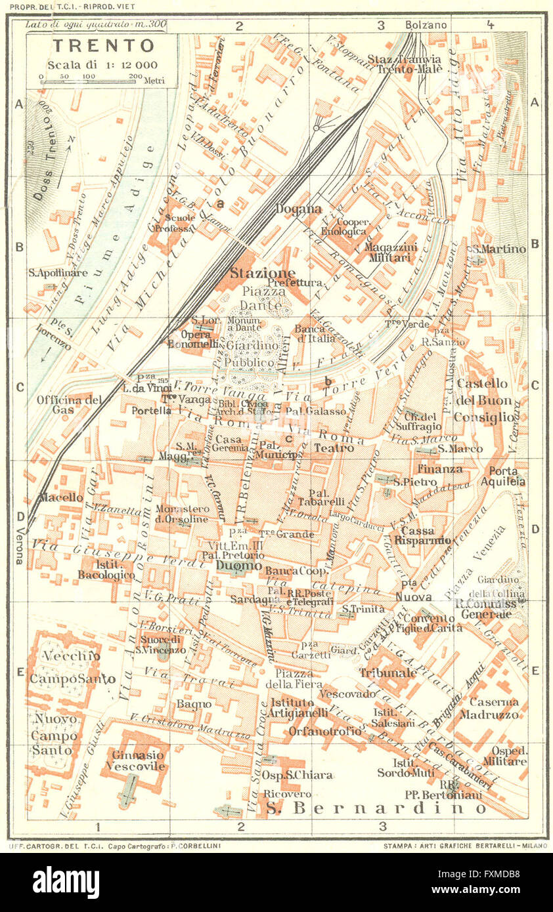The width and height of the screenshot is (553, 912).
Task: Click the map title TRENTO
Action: (x=103, y=46)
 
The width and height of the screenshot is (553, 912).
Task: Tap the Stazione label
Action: (x=262, y=272)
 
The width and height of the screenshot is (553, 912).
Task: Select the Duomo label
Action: (x=241, y=566)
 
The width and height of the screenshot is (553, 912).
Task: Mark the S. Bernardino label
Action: (x=377, y=808)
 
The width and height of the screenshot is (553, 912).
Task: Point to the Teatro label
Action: (x=334, y=449)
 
